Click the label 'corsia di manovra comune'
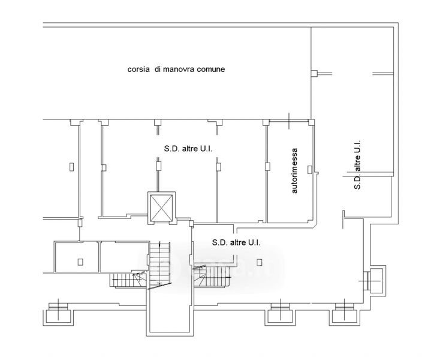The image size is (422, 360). pos(176,70)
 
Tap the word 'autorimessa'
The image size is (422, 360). pos(294,172)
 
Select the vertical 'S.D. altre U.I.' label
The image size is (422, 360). pos(357,165)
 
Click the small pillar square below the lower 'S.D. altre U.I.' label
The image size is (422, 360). pos(259,261)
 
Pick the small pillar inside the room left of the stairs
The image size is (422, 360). pos(80,261)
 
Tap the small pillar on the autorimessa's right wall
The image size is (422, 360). pos(309,170)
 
